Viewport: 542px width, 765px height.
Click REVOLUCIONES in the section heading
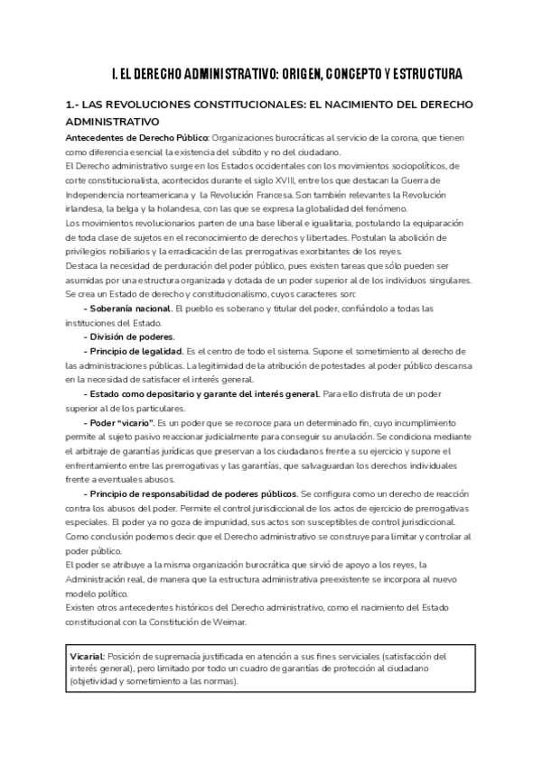click(164, 106)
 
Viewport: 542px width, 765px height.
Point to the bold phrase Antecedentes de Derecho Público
click(137, 137)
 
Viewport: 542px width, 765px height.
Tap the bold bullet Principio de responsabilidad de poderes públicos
click(192, 494)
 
